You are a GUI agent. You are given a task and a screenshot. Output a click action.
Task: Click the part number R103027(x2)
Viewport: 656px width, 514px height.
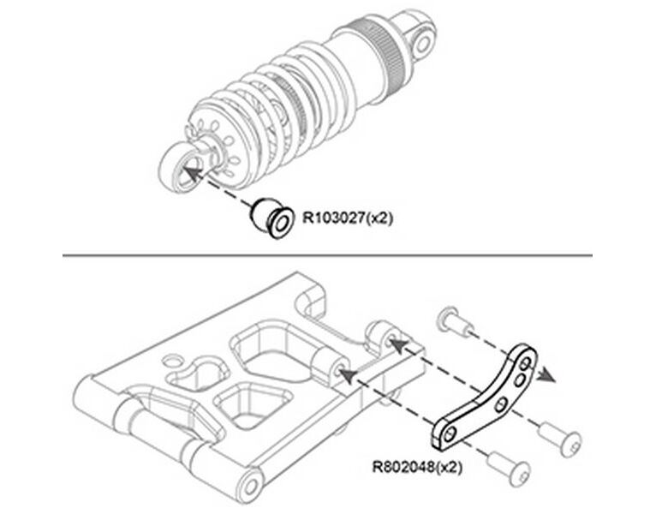[x=343, y=218]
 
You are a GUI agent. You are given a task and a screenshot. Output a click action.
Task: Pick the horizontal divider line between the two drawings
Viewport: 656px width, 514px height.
[x=328, y=254]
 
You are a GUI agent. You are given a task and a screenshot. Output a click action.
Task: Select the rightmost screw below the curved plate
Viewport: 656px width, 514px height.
[x=565, y=440]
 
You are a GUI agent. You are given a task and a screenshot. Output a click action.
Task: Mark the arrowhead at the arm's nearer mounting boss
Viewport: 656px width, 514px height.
[x=344, y=372]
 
